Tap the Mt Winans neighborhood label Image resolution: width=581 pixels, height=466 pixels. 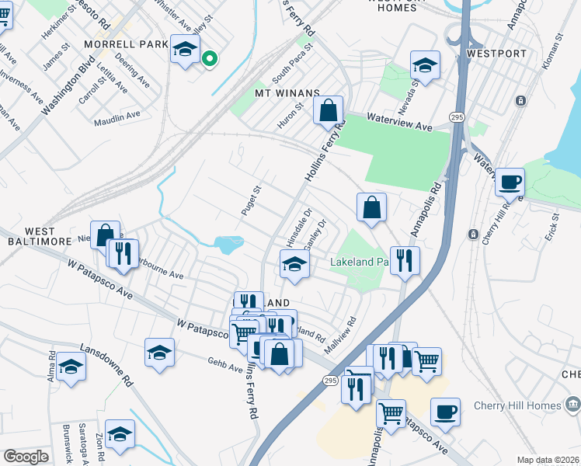pyautogui.click(x=287, y=93)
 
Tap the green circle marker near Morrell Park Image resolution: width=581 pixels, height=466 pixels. pyautogui.click(x=209, y=58)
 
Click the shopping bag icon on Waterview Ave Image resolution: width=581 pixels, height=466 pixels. pyautogui.click(x=329, y=110)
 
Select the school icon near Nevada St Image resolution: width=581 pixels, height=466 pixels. pyautogui.click(x=425, y=65)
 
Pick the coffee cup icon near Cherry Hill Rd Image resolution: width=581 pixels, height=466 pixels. pyautogui.click(x=510, y=183)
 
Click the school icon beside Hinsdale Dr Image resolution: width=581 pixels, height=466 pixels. pyautogui.click(x=294, y=265)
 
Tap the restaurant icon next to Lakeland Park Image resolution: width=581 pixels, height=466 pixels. pyautogui.click(x=404, y=260)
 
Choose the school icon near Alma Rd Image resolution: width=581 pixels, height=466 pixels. pyautogui.click(x=71, y=367)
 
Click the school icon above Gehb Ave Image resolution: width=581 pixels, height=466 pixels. pyautogui.click(x=159, y=352)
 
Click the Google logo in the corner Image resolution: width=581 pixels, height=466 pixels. pyautogui.click(x=26, y=457)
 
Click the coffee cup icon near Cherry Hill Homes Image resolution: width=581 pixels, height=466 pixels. pyautogui.click(x=445, y=412)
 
